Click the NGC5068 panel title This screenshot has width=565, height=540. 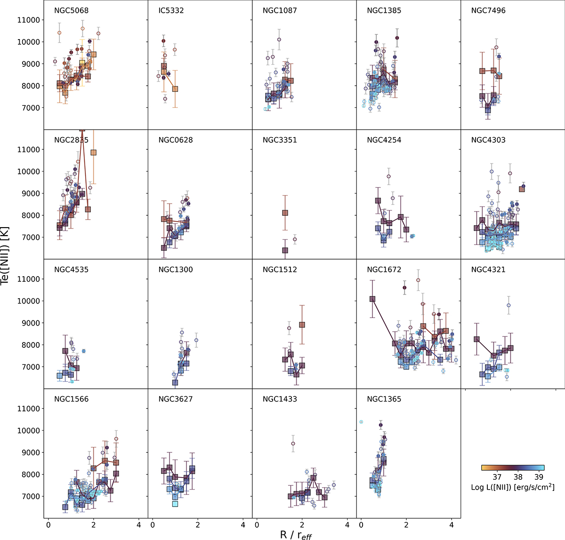(71, 10)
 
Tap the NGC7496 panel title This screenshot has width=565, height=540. (488, 10)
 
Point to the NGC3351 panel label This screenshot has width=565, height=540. (280, 140)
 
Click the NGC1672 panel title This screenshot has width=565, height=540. (384, 270)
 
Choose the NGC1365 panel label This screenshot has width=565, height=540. (384, 399)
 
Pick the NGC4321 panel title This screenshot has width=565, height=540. (488, 270)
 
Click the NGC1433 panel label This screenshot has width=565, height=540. (280, 399)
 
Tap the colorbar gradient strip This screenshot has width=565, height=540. (513, 468)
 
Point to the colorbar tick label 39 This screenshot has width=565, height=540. (539, 477)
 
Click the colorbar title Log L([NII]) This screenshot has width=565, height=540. (513, 487)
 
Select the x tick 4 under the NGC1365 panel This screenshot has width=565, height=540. (452, 525)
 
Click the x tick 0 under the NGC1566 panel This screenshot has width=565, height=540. (48, 525)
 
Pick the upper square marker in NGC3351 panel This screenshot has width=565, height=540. (285, 213)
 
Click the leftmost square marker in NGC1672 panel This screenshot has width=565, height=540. (372, 299)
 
